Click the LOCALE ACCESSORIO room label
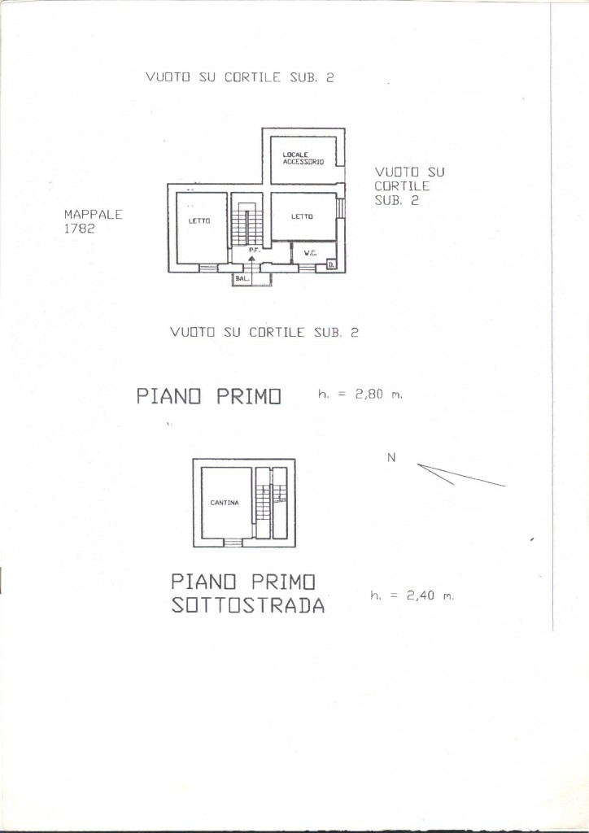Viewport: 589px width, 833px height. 303,159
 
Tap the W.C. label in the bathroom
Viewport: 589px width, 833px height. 311,254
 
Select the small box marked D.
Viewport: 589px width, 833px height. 330,264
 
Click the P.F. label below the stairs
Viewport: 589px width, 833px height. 253,249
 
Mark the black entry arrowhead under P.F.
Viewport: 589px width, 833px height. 251,258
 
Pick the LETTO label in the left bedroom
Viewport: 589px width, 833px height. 199,221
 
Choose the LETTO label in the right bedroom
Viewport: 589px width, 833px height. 302,216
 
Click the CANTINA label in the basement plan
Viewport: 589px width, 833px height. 225,503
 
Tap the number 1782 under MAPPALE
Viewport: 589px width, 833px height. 80,229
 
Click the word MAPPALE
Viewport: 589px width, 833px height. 94,215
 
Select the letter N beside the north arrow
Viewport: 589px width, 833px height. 391,457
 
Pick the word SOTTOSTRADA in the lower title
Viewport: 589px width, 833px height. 248,606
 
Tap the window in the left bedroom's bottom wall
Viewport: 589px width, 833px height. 208,268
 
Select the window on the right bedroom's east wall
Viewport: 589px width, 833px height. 342,207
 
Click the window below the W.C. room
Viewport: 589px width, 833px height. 307,268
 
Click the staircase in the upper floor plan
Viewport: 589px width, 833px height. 247,223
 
